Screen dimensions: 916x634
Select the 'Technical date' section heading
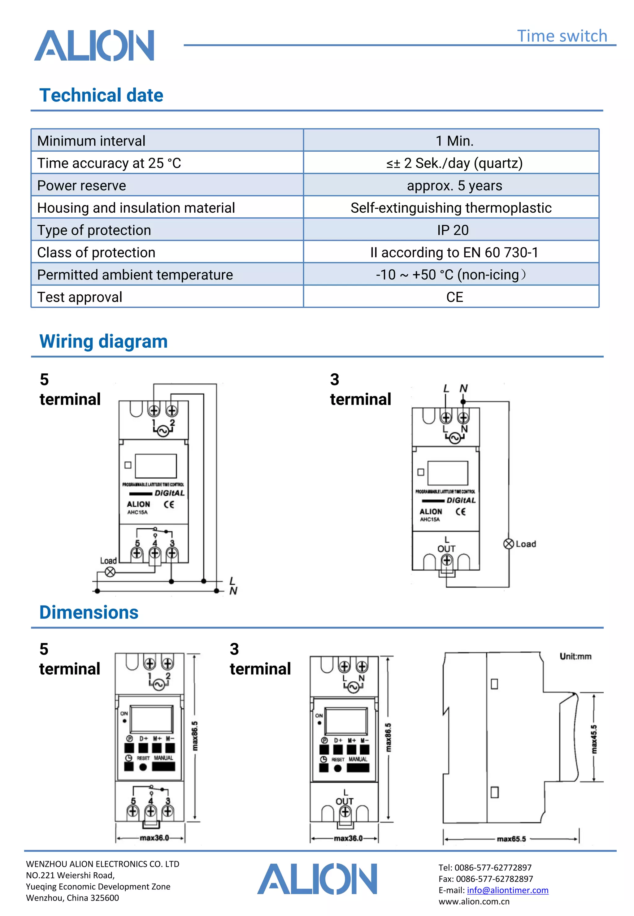101,95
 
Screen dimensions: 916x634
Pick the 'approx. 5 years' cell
454,185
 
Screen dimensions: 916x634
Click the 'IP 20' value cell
453,230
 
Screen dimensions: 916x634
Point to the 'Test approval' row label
80,297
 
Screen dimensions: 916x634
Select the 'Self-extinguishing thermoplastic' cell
450,208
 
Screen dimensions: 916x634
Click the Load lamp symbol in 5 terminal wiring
110,571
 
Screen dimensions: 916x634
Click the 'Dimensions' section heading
89,612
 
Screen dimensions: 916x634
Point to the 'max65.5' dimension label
511,839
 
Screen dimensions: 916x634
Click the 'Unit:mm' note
575,656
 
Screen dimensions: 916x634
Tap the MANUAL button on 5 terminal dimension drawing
163,766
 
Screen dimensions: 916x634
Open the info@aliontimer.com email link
507,890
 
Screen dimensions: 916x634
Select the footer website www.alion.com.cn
474,901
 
